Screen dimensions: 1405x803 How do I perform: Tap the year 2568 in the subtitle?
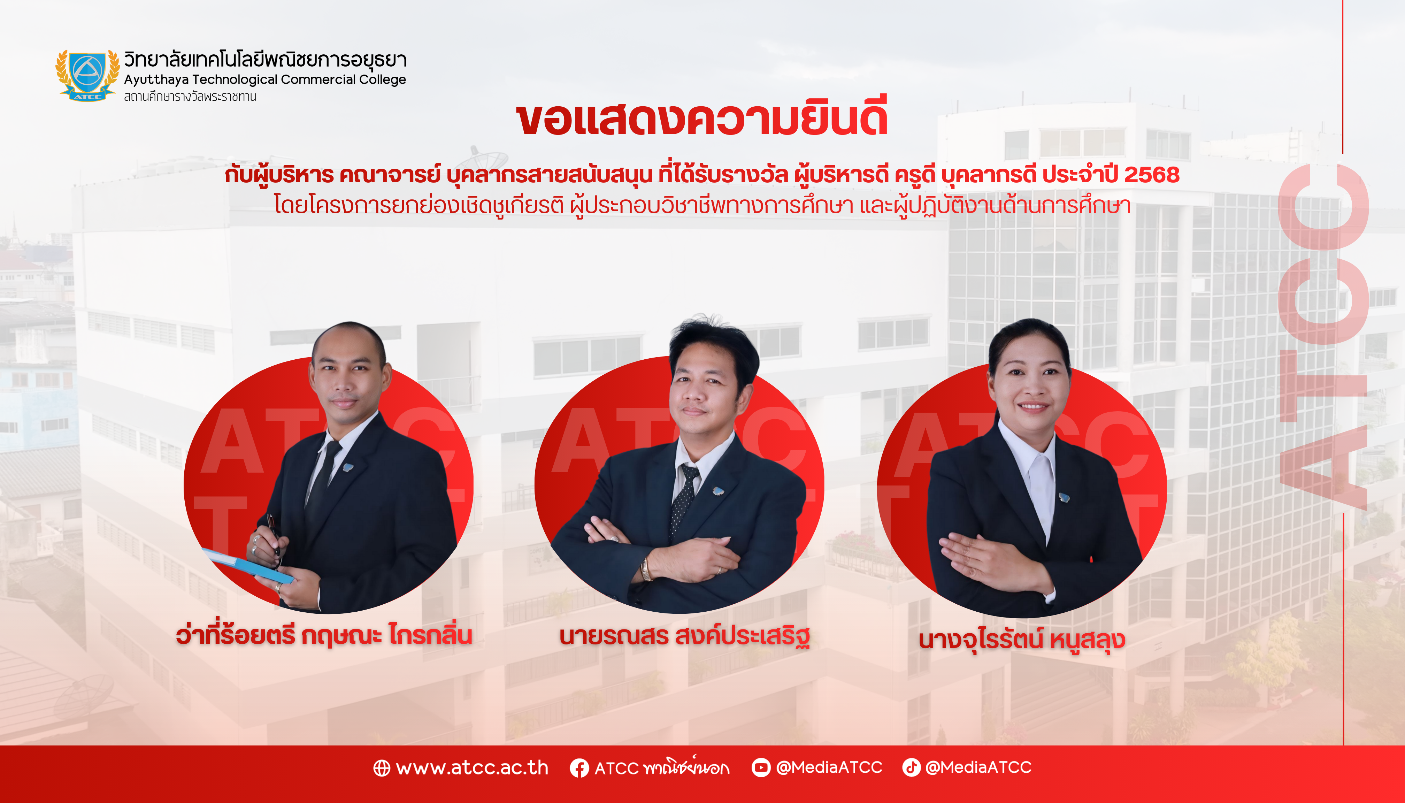tap(1152, 175)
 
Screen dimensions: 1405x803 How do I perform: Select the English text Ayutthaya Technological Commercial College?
tap(265, 80)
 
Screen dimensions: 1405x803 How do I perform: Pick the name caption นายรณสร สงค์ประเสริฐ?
tap(684, 636)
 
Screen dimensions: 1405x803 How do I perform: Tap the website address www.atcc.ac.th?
tap(472, 768)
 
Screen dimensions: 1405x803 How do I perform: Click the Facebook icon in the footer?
tap(579, 768)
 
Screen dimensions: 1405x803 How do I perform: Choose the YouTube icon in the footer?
tap(761, 767)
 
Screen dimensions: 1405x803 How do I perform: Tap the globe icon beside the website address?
tap(382, 768)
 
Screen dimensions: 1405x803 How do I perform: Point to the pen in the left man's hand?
tap(274, 535)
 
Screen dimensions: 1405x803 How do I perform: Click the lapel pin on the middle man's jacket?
tap(717, 491)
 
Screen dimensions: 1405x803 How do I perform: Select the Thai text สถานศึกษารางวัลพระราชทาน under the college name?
tap(190, 97)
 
